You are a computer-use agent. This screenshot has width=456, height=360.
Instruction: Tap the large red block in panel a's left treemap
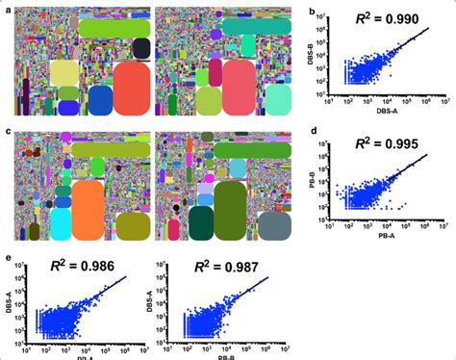(x=131, y=89)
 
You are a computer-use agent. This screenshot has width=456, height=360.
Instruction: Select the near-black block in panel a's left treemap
(x=141, y=48)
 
